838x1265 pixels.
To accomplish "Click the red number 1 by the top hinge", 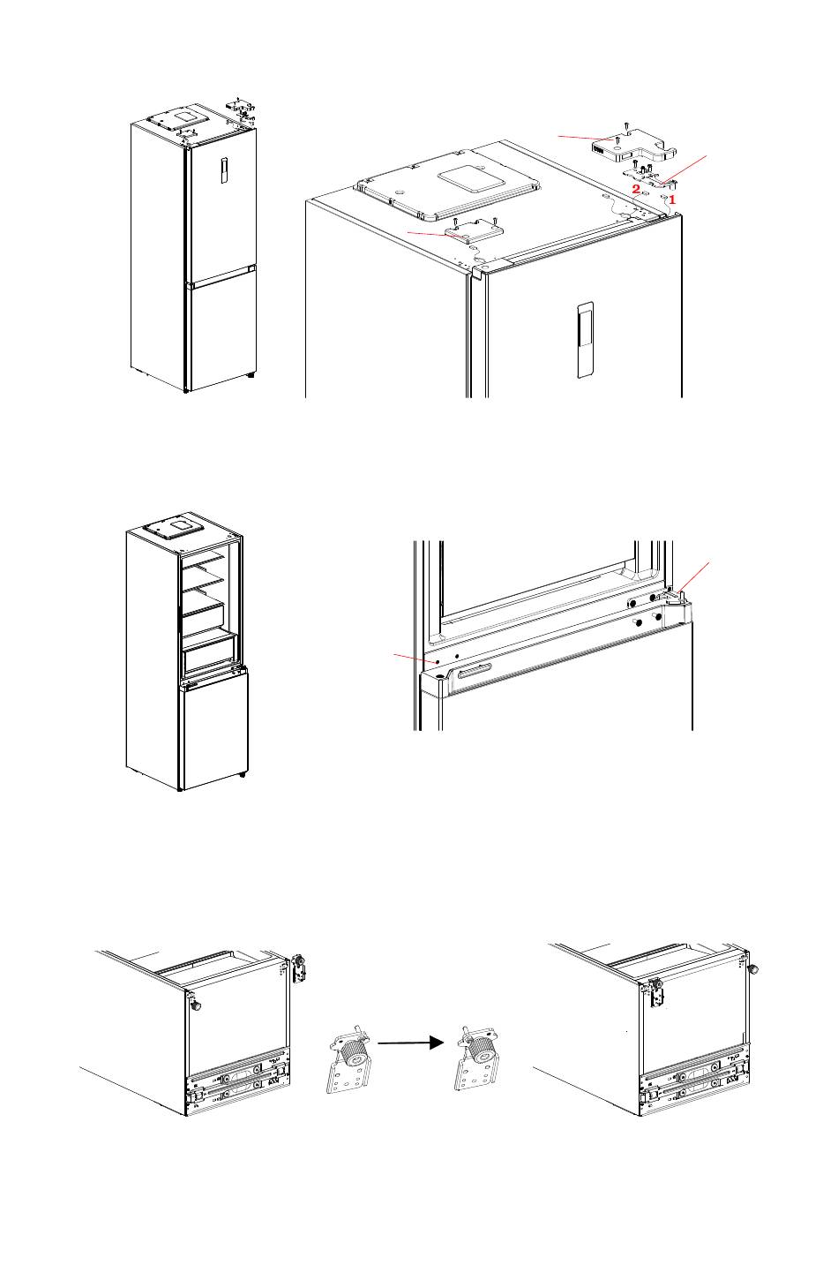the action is tap(671, 200).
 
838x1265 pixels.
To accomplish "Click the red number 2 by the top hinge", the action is tap(635, 189).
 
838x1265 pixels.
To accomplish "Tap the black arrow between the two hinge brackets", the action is tap(410, 1043).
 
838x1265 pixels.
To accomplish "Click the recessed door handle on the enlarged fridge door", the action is tap(584, 339).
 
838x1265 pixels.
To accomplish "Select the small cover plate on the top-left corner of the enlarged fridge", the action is tap(475, 231).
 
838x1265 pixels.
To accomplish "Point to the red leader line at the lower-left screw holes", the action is tap(415, 656).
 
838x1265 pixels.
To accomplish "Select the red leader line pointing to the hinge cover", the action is tap(582, 138).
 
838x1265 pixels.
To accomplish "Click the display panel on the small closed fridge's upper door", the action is tap(224, 170).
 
